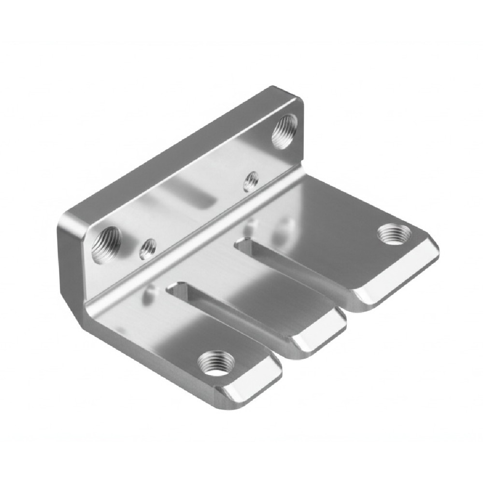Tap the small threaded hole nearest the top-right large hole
[250, 181]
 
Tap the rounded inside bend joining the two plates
[193, 251]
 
